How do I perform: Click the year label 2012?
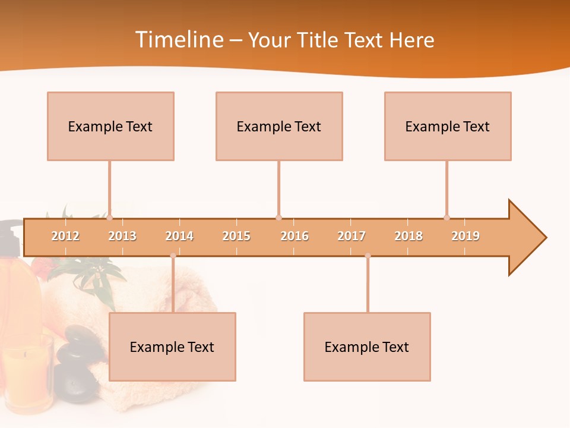pos(65,236)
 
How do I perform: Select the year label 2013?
pos(122,236)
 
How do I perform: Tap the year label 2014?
pos(179,236)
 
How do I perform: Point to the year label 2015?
pos(236,236)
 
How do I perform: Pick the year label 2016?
pos(294,236)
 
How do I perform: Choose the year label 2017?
pos(351,236)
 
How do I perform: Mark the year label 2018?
pos(408,236)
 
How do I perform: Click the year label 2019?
pos(465,236)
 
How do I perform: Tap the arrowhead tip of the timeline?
pos(545,238)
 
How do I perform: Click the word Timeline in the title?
pos(178,40)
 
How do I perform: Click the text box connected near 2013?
pos(110,126)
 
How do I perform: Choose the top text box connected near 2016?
pos(279,126)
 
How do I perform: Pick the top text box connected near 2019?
pos(448,126)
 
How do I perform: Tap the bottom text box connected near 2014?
pos(172,347)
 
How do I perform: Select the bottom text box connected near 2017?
pos(367,347)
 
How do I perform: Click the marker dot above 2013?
pos(109,218)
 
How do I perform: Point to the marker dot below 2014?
pos(173,256)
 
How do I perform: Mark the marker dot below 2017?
pos(368,256)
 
